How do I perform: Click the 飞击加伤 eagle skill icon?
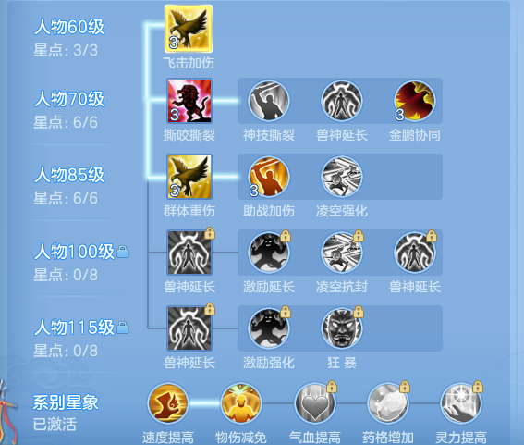tap(189, 29)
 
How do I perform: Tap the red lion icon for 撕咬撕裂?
tap(189, 101)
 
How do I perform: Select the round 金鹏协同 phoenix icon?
tap(415, 101)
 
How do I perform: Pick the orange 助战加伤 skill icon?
tap(269, 177)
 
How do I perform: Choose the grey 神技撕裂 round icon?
tap(269, 101)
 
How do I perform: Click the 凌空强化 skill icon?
tap(342, 177)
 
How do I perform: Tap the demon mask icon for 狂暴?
tap(342, 328)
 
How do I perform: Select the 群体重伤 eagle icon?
tap(189, 177)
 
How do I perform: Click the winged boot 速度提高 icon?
tap(168, 403)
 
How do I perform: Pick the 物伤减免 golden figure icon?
tap(241, 403)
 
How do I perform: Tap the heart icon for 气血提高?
tap(314, 403)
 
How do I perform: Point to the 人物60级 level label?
tap(69, 27)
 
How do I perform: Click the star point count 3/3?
tap(86, 50)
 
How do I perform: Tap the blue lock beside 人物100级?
tap(123, 252)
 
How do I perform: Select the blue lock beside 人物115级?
tap(123, 328)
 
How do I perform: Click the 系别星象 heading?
tap(66, 402)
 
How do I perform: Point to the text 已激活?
tap(55, 425)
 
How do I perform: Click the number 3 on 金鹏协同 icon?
tap(399, 115)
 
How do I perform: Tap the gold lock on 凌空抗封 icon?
tap(359, 236)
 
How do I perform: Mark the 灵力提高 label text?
tap(461, 438)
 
